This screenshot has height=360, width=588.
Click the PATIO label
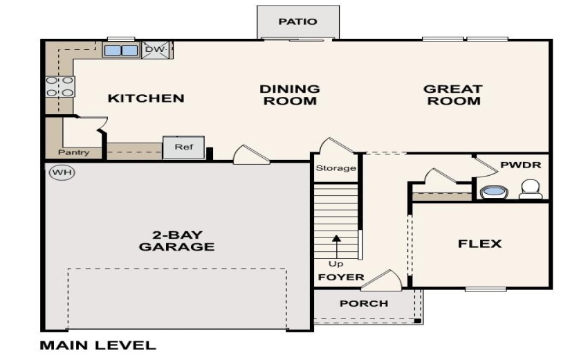click(x=297, y=21)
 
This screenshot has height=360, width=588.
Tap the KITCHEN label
click(x=146, y=98)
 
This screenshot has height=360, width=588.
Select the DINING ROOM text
click(x=289, y=95)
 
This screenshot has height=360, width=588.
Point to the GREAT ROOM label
click(x=452, y=95)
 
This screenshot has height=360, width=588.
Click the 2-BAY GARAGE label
click(x=176, y=240)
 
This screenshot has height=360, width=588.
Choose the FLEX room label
click(x=479, y=244)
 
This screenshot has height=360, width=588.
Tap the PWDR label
click(x=520, y=166)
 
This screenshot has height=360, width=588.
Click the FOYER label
click(x=340, y=277)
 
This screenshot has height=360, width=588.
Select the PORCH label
click(x=364, y=303)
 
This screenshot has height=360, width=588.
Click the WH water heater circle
click(x=62, y=172)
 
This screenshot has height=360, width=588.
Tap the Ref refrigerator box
click(x=183, y=147)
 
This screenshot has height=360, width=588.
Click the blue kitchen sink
click(x=121, y=50)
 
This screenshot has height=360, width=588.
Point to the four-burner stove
click(x=60, y=87)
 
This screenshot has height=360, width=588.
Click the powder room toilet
click(x=531, y=189)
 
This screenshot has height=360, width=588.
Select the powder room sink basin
click(x=492, y=192)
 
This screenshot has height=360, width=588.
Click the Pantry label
click(x=73, y=152)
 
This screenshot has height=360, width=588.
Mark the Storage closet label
click(x=336, y=168)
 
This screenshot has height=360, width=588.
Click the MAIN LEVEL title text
click(x=98, y=345)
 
